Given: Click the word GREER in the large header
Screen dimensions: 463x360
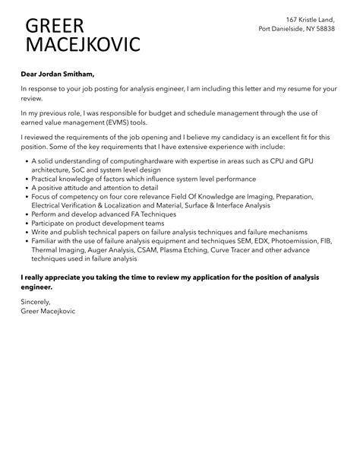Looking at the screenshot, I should click(55, 26).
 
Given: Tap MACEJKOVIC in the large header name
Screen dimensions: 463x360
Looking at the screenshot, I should click(83, 45).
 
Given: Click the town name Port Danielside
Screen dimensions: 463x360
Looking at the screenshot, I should click(285, 29).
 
